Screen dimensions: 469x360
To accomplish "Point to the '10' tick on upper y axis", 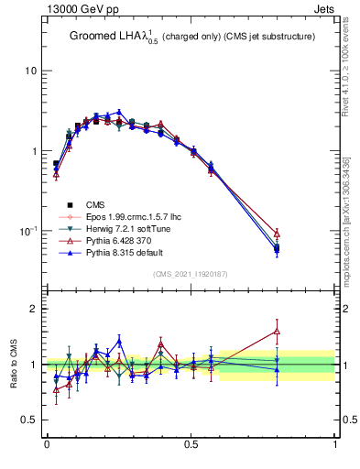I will pos(31,71).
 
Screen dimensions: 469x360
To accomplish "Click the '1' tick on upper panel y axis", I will pos(34,151).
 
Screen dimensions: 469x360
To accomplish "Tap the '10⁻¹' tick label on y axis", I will pos(28,231).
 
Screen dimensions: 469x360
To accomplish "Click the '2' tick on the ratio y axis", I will pos(34,309).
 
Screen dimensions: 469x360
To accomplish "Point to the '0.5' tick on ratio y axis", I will pos(29,420).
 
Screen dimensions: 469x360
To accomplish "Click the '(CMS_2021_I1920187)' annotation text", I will pos(191,274).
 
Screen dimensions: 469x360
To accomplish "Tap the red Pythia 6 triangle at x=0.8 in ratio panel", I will pos(277,332).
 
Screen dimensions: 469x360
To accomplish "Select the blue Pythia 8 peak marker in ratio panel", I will pos(119,342).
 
